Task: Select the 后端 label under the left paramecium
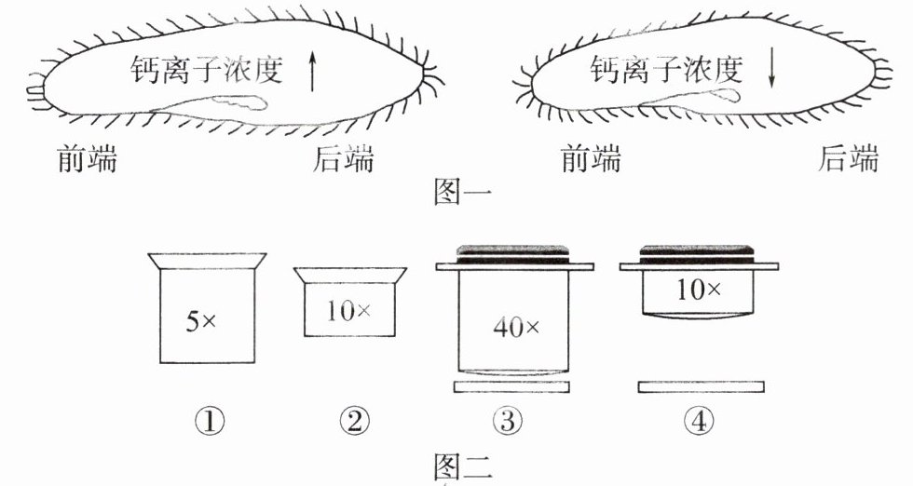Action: pyautogui.click(x=343, y=161)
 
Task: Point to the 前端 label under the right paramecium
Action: pyautogui.click(x=591, y=161)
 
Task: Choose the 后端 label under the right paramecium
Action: pyautogui.click(x=847, y=161)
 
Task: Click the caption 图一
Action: pyautogui.click(x=463, y=192)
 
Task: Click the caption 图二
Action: pyautogui.click(x=463, y=464)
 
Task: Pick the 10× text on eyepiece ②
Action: pyautogui.click(x=347, y=310)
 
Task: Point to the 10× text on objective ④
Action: pyautogui.click(x=699, y=290)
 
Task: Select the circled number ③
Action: pyautogui.click(x=511, y=422)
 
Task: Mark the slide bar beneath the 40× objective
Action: pyautogui.click(x=512, y=385)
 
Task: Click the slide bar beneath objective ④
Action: pyautogui.click(x=702, y=385)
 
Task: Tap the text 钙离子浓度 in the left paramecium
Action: pyautogui.click(x=208, y=69)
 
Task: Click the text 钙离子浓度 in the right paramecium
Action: pyautogui.click(x=666, y=69)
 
